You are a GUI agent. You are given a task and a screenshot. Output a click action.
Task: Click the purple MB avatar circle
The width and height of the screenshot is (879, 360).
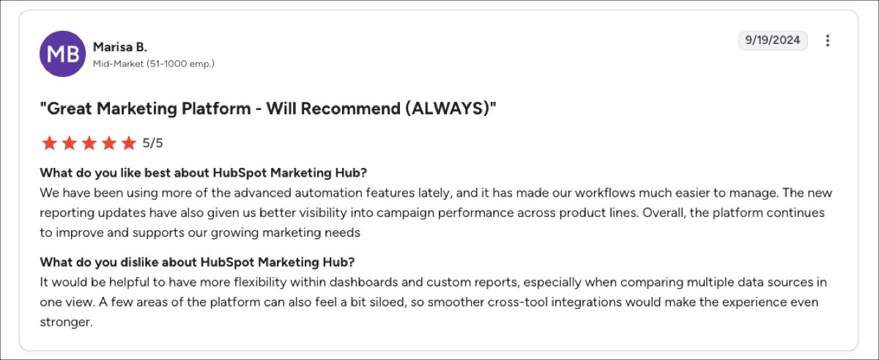[x=62, y=54]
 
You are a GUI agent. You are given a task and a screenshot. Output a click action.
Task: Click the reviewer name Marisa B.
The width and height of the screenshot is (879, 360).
[x=120, y=47]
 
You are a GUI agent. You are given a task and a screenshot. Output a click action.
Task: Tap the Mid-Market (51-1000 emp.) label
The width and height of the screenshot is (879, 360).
[x=153, y=64]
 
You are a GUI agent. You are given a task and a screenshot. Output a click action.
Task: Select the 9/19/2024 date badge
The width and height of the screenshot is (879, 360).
[x=773, y=40]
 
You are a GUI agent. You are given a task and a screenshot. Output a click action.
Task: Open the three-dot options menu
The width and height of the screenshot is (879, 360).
[x=828, y=40]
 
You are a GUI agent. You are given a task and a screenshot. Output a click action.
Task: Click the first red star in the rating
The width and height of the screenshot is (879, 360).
[x=49, y=143]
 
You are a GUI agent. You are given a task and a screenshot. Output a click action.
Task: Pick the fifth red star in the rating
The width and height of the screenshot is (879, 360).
[x=129, y=143]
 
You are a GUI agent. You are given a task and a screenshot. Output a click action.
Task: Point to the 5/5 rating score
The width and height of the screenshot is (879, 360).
[x=153, y=143]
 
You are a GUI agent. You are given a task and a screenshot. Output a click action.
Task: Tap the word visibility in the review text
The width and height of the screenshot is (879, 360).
[x=289, y=213]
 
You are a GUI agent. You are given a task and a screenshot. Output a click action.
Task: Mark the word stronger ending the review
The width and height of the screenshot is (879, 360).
[x=65, y=321]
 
